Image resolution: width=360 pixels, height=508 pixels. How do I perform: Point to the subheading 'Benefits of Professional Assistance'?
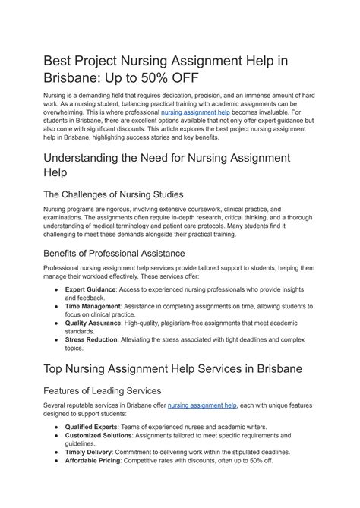[x=125, y=253]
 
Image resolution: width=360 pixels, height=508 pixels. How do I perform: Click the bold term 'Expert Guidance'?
[x=91, y=290]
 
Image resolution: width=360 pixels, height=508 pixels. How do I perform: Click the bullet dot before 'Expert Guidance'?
[x=56, y=290]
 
